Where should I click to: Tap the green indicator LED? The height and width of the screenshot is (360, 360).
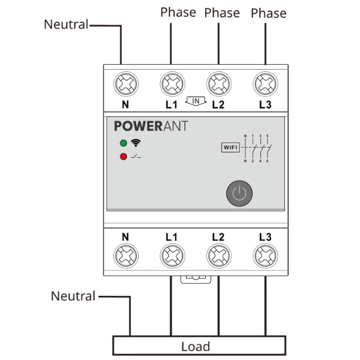pos(124,143)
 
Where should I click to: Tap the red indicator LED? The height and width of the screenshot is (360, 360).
pos(124,157)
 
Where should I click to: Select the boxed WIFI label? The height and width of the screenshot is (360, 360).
pos(230,147)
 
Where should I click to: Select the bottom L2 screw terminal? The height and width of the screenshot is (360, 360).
pos(218,257)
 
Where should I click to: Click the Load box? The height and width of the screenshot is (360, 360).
pos(196,346)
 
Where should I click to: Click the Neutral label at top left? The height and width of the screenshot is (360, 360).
pos(66,25)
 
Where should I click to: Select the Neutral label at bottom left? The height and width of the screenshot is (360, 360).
pos(73,296)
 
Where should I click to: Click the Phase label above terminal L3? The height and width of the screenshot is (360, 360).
pos(268,13)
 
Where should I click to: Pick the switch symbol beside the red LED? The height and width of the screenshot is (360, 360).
pos(136,157)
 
